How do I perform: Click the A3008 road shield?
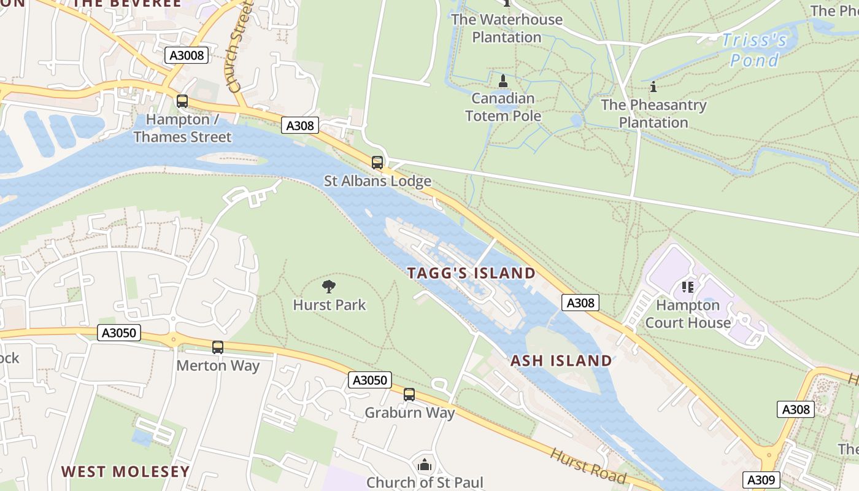coord(187,55)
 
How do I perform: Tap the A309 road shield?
coord(761,480)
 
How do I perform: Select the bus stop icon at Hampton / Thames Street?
coord(182,101)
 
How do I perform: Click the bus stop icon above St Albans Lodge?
coord(377,163)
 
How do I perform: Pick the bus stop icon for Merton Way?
coord(218,347)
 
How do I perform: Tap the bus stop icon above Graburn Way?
coord(409,395)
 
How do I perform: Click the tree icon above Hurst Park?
coord(329,286)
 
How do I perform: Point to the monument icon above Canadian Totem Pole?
coord(503,81)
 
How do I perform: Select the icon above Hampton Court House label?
coord(687,287)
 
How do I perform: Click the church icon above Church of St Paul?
coord(425,465)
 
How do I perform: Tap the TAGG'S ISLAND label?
coord(471,273)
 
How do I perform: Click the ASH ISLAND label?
coord(561,360)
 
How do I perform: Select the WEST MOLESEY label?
coord(125,471)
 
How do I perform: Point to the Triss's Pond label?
coord(754,50)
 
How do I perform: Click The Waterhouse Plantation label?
coord(507,28)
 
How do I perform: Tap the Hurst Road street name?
coord(588,466)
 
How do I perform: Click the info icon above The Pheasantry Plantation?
coord(653,87)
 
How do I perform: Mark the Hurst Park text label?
coord(329,305)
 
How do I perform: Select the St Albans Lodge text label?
coord(377,181)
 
